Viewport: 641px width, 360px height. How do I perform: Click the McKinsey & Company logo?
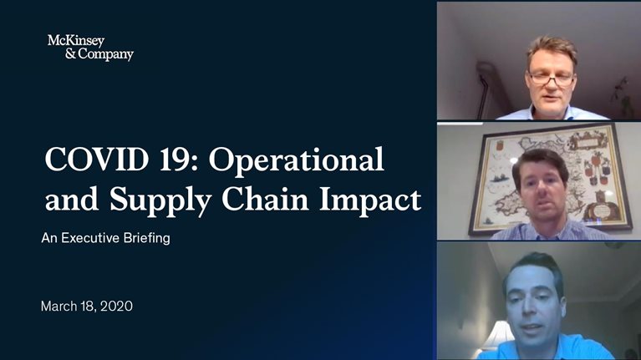click(90, 48)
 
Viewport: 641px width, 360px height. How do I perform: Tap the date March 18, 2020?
click(87, 307)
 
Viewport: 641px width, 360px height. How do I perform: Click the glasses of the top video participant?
click(552, 78)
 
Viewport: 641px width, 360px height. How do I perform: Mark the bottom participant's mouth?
click(537, 322)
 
